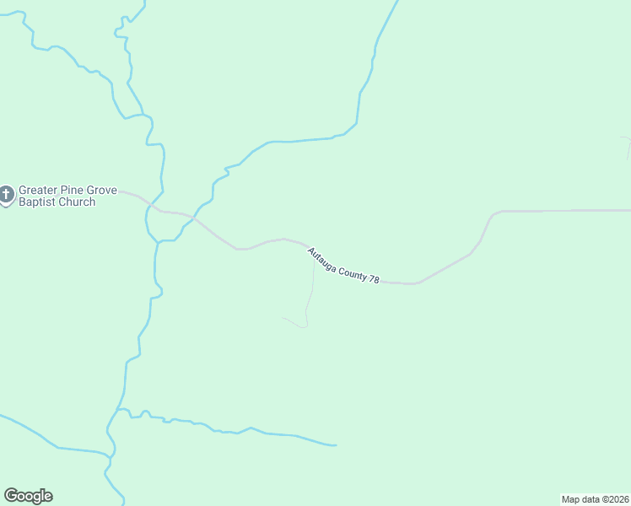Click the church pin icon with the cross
[6, 196]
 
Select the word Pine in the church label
[75, 191]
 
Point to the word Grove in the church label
[103, 191]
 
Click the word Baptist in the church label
[38, 202]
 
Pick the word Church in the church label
[77, 202]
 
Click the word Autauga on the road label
[323, 257]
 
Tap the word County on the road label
[353, 271]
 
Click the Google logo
[28, 496]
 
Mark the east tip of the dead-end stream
[336, 444]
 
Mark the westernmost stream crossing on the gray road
[154, 207]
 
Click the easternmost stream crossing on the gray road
[191, 218]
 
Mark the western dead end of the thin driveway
[282, 318]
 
